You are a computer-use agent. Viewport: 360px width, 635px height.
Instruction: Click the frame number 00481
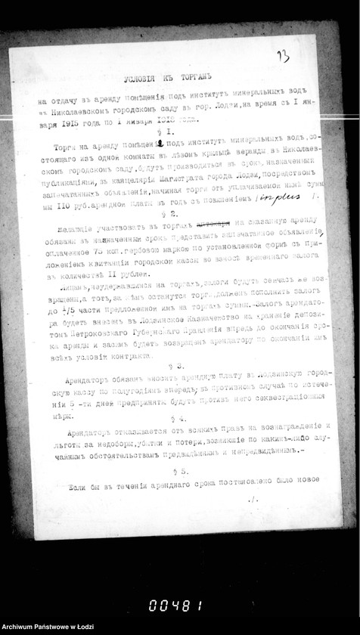coord(175,604)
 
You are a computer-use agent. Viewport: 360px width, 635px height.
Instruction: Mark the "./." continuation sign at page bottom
coord(253,500)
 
